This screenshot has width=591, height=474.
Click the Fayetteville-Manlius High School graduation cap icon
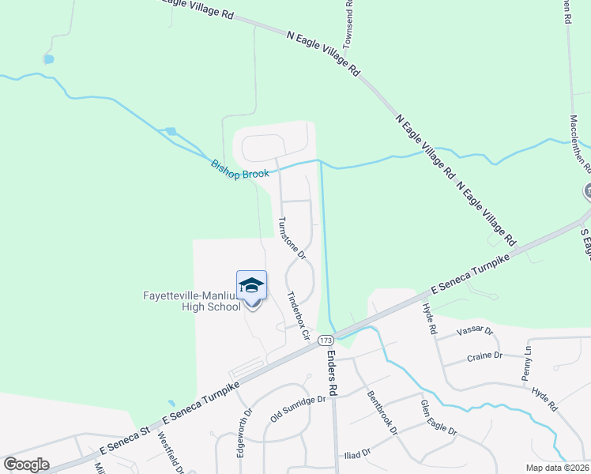pos(251,285)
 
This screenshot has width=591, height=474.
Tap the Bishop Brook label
pos(240,168)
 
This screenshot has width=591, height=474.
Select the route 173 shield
pos(326,340)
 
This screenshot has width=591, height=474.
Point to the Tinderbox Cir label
pos(299,315)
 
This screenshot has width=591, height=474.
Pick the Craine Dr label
pos(484,356)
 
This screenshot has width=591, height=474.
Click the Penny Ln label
pos(527,360)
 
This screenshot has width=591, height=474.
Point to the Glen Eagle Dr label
pos(439,418)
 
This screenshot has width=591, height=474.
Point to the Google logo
pos(26,464)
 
